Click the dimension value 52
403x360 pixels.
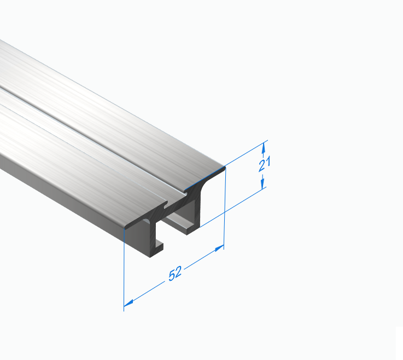click(x=175, y=274)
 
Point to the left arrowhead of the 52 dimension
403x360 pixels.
click(x=129, y=303)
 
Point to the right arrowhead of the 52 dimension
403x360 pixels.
click(x=219, y=248)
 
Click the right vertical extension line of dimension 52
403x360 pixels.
click(x=225, y=208)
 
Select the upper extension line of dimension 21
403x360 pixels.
click(x=247, y=154)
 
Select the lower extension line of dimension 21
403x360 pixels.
click(x=233, y=207)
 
